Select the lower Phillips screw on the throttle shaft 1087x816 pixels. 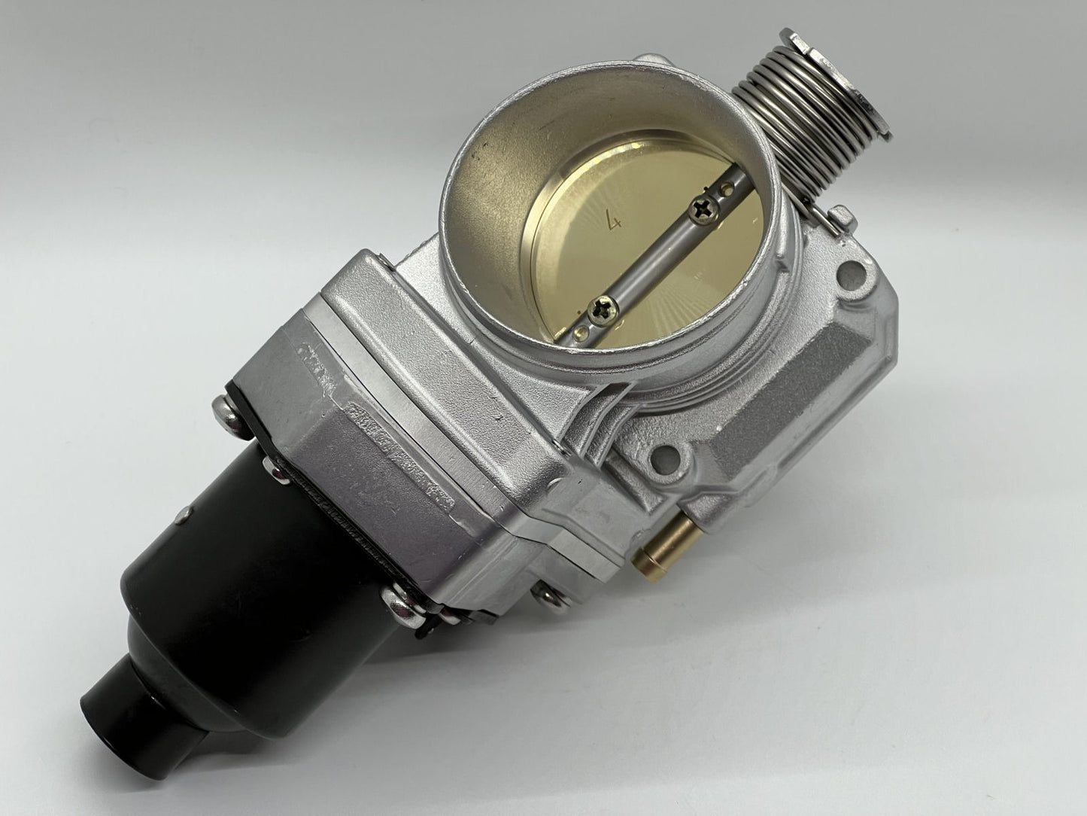coord(603,311)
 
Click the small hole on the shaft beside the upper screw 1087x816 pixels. coord(727,189)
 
